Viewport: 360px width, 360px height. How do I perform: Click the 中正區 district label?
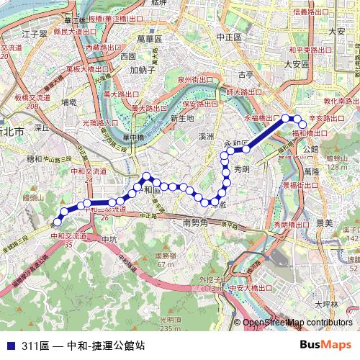[229, 35]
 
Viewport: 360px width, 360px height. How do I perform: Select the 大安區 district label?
[296, 64]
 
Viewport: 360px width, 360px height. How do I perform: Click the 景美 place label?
[324, 223]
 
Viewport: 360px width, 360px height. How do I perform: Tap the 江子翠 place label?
[34, 34]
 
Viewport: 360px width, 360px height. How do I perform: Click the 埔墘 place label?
[69, 103]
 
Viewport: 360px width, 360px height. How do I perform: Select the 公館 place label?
[310, 149]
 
